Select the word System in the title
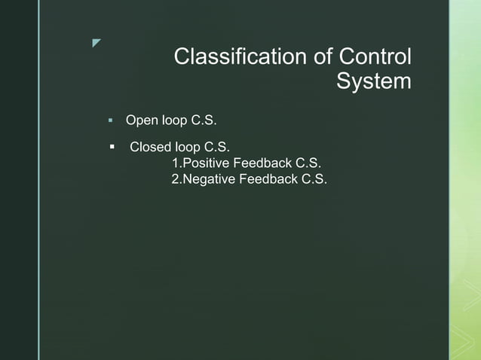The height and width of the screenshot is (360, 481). (374, 81)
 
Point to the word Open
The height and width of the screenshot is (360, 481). (139, 121)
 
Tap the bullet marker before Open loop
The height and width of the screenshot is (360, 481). (110, 121)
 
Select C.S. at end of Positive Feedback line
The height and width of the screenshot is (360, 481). (308, 163)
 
